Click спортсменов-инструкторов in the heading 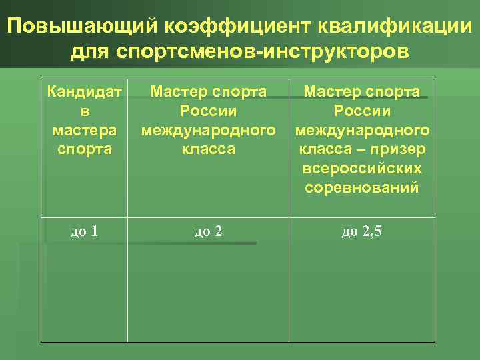(x=265, y=51)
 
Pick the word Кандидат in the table (x=84, y=91)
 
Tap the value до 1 (x=85, y=232)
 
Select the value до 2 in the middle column (x=208, y=232)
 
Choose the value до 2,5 (x=362, y=232)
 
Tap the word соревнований (x=362, y=187)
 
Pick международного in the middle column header (x=208, y=129)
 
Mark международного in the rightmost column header (x=362, y=129)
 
